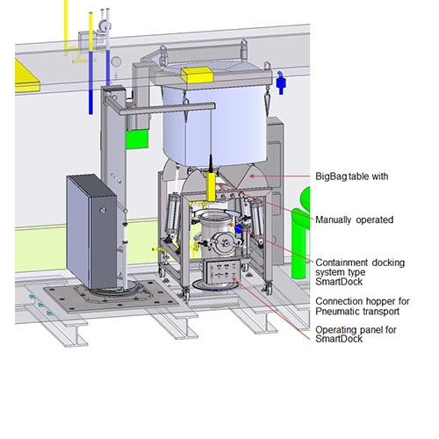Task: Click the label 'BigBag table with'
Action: click(x=352, y=176)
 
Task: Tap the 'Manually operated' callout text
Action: click(x=355, y=219)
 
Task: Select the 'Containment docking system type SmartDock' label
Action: click(x=360, y=272)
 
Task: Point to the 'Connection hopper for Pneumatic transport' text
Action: click(x=363, y=306)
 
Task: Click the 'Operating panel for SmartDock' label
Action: click(x=356, y=335)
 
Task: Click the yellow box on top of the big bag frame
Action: click(x=197, y=75)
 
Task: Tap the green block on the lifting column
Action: click(x=137, y=139)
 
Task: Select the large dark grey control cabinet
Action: click(x=91, y=231)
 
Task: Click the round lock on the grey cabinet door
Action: click(x=103, y=210)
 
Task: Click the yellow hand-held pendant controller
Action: click(x=211, y=186)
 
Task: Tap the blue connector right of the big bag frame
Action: click(x=281, y=83)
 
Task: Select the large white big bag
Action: click(x=215, y=126)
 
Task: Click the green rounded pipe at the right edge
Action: click(x=301, y=234)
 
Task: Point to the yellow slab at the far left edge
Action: click(x=26, y=76)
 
